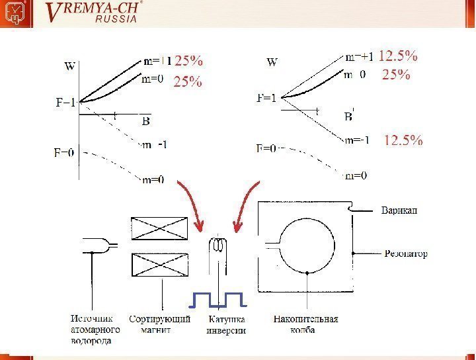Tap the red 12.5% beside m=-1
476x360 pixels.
pyautogui.click(x=403, y=140)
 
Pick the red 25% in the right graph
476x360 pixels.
pyautogui.click(x=396, y=75)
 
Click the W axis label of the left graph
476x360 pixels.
pyautogui.click(x=69, y=66)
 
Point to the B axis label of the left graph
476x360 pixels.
pyautogui.click(x=146, y=121)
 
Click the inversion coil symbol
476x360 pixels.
pyautogui.click(x=217, y=246)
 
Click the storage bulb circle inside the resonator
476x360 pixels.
pyautogui.click(x=307, y=245)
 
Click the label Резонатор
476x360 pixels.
pyautogui.click(x=407, y=253)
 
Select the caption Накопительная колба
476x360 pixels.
pyautogui.click(x=305, y=324)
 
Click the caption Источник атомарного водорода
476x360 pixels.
pyautogui.click(x=94, y=330)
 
